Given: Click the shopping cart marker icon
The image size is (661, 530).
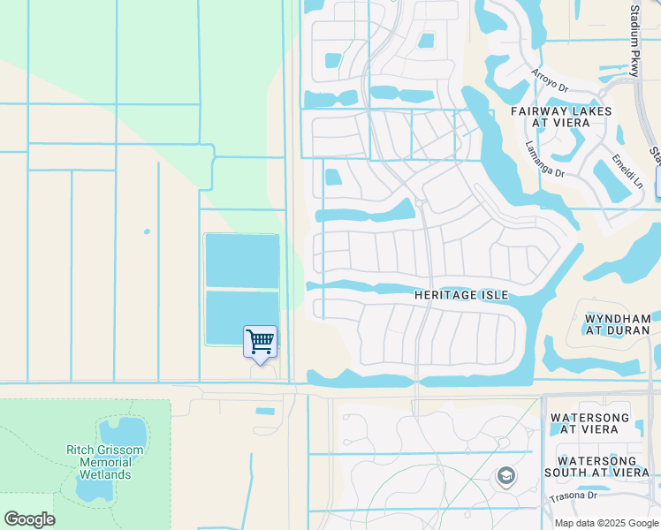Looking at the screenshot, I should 260,342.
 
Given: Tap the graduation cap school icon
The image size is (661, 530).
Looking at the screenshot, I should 505,477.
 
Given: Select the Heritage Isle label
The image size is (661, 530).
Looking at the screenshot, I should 461,294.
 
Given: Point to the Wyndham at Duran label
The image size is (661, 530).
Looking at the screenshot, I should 617,323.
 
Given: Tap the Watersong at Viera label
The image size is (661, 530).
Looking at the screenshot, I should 589,423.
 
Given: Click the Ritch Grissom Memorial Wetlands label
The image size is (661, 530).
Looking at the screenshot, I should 105,462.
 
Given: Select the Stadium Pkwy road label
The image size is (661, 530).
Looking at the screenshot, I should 635,40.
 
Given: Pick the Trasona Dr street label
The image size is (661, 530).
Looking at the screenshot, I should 574,496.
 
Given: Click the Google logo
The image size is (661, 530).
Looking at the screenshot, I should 29,519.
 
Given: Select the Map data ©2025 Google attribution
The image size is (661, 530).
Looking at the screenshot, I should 605,523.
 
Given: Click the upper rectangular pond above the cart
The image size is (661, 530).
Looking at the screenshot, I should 242,261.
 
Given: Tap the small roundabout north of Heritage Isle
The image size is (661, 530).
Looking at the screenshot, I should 419,203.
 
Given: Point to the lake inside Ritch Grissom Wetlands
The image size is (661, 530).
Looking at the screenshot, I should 122,432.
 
